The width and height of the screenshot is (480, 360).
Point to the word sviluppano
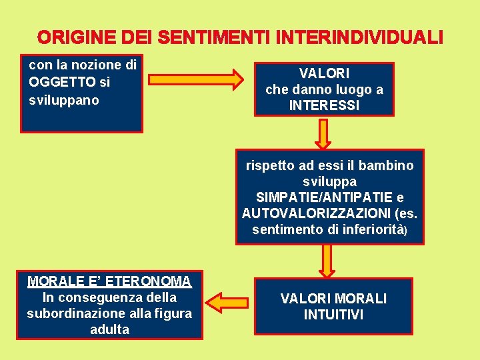(x=64, y=100)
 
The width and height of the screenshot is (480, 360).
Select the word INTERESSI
(x=324, y=105)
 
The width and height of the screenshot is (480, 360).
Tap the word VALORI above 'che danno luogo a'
(x=324, y=73)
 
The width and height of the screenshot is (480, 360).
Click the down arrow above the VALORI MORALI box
(x=327, y=259)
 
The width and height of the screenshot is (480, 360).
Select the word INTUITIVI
(x=333, y=315)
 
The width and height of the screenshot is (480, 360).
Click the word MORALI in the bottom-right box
(x=361, y=298)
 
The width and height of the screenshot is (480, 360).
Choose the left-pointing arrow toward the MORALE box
(x=227, y=301)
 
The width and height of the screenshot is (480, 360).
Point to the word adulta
(x=109, y=329)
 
